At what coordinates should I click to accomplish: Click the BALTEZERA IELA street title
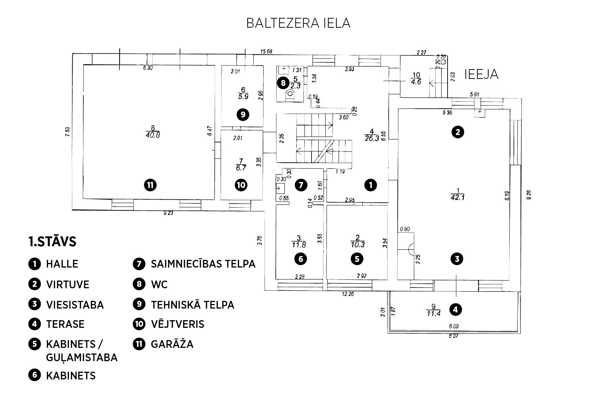coord(298,23)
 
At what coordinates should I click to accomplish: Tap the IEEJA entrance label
coord(481,74)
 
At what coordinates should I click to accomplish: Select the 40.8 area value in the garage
coord(153,135)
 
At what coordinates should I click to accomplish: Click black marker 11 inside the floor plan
coord(150,185)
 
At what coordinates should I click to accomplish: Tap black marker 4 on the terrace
coord(455,309)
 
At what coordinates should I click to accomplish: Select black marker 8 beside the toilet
coord(283,83)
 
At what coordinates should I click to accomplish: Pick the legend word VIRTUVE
coord(67,284)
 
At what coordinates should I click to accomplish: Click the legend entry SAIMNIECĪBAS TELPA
coord(203,264)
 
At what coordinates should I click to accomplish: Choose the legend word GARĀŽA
coord(172,344)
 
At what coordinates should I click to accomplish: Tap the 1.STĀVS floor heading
coord(52,242)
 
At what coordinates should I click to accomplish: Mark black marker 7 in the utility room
coord(301,185)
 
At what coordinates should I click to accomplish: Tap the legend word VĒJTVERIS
coord(177,324)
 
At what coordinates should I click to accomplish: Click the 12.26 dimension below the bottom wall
coord(347,294)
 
